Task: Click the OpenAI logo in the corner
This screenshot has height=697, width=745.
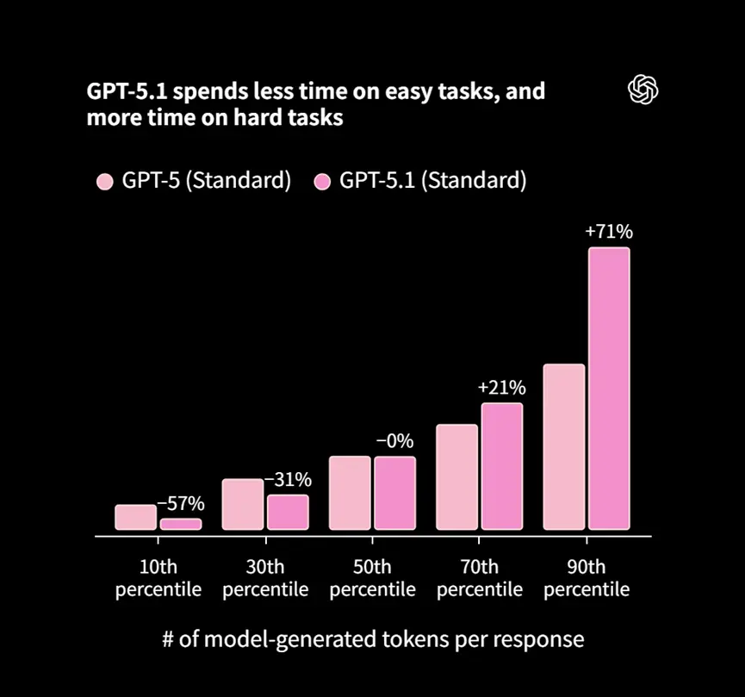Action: [x=643, y=89]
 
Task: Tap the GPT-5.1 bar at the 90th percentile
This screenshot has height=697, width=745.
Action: [x=609, y=389]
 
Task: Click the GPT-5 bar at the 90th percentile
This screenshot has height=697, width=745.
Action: [x=564, y=447]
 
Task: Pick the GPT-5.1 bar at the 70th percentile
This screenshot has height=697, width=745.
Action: [x=502, y=466]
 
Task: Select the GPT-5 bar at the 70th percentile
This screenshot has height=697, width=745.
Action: [x=456, y=477]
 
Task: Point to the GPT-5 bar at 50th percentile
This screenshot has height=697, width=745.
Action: [x=350, y=493]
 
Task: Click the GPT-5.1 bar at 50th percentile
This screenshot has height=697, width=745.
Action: [x=394, y=493]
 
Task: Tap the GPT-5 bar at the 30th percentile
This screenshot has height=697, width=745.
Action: [x=243, y=504]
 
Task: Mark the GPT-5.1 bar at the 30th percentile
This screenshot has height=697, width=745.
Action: [x=288, y=512]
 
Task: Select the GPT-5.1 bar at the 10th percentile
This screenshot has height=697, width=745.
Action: [x=181, y=524]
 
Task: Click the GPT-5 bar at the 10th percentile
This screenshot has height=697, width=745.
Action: [x=136, y=517]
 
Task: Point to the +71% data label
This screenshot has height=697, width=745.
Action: [x=609, y=232]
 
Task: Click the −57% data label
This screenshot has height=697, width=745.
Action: [x=180, y=503]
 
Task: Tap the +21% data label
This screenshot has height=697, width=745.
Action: [x=501, y=388]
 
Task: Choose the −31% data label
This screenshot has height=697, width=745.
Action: [x=288, y=480]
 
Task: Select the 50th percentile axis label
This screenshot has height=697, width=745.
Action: [x=372, y=578]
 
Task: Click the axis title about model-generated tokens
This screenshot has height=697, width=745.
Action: [x=373, y=639]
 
